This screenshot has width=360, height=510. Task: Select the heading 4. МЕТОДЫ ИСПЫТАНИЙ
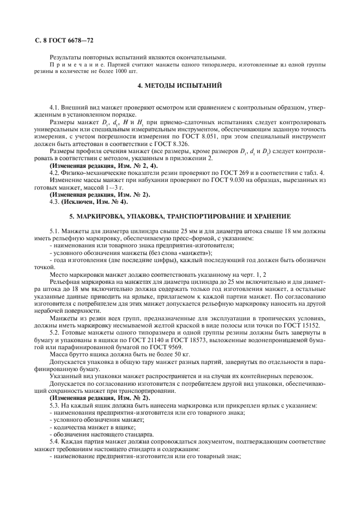pyautogui.click(x=179, y=86)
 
